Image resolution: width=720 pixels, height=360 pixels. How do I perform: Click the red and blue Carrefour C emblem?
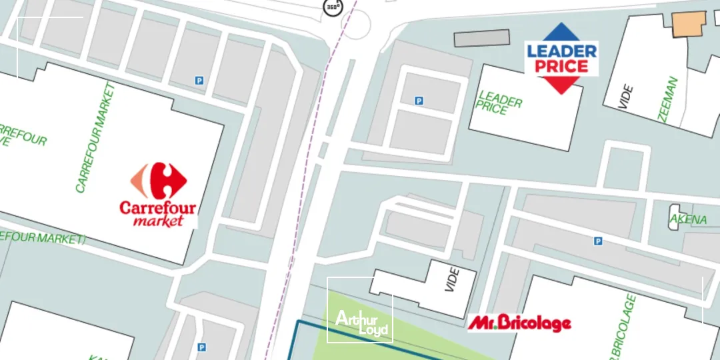click(159, 180)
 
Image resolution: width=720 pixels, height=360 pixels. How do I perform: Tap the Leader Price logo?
click(561, 58)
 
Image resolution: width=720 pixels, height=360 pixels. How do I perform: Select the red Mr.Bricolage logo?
click(519, 323)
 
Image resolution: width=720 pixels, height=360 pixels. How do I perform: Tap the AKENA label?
click(687, 219)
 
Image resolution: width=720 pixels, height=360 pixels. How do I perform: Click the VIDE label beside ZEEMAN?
click(625, 97)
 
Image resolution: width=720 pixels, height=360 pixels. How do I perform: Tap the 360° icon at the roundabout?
click(332, 7)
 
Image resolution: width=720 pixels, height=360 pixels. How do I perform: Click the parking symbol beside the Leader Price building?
click(419, 101)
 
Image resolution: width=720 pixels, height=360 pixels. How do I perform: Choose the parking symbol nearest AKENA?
click(598, 241)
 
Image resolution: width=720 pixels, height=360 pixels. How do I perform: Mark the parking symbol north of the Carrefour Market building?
click(199, 81)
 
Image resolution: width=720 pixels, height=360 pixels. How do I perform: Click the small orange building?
click(689, 23)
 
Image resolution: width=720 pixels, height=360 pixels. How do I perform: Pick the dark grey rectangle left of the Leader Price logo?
click(481, 38)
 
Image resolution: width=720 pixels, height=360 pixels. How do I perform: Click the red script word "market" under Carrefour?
click(157, 220)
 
